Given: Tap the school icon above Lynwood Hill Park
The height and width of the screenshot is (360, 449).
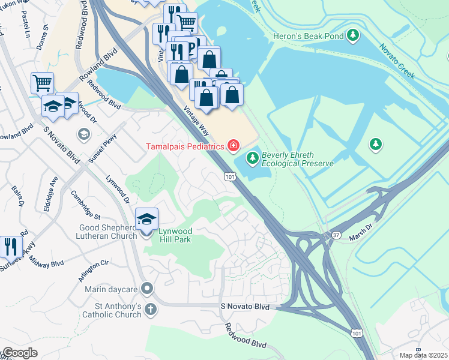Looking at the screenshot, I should [x=146, y=218].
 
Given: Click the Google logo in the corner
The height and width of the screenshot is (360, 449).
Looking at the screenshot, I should [x=20, y=353].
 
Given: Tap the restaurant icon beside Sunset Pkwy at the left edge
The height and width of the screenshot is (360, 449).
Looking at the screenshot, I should [x=10, y=245].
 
